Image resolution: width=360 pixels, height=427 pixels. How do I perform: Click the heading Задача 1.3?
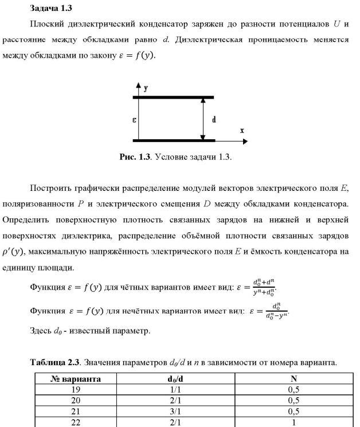[50, 8]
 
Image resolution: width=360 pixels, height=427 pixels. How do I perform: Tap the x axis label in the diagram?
[242, 131]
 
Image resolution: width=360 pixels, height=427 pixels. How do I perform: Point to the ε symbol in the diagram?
[132, 120]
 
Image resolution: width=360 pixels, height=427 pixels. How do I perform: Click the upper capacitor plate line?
[173, 97]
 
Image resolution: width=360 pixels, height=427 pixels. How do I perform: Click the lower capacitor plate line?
[173, 140]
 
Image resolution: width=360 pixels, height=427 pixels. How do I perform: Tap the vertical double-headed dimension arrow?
[202, 119]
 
